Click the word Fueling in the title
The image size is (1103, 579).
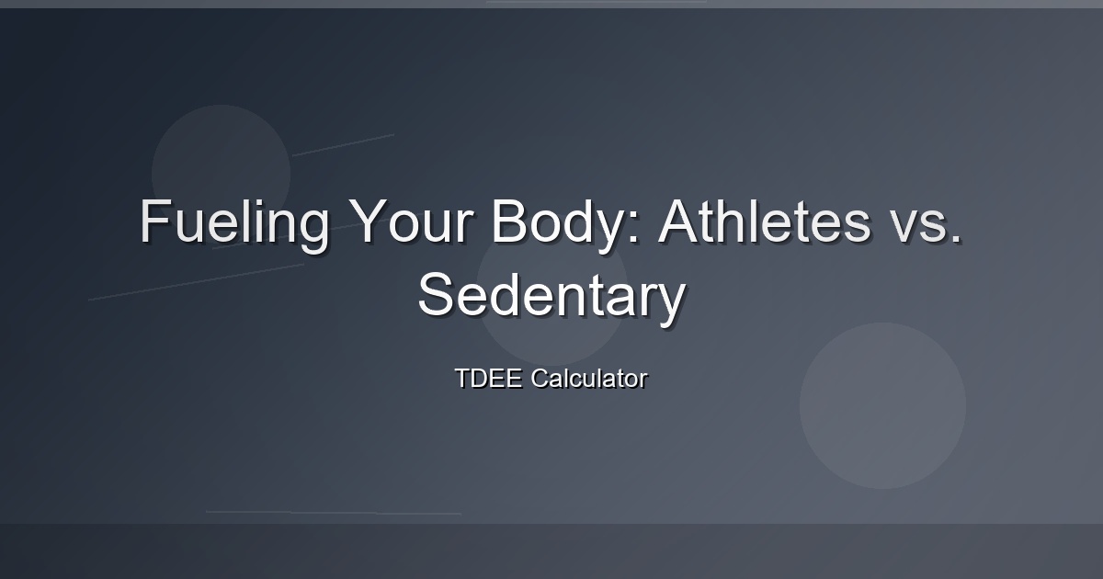click(x=234, y=225)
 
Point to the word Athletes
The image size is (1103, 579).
click(x=765, y=221)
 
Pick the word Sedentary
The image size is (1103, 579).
click(x=551, y=299)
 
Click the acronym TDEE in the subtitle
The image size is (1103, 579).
click(x=488, y=378)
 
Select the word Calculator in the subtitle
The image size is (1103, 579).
click(x=589, y=378)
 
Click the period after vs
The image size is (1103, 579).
click(x=956, y=238)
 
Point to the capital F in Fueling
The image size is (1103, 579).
click(x=154, y=221)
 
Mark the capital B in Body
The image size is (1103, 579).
click(x=509, y=221)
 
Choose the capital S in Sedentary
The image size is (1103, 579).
click(x=435, y=293)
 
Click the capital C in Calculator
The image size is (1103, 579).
click(x=540, y=378)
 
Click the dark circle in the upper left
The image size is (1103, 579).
click(x=222, y=174)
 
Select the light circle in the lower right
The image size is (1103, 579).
click(x=882, y=405)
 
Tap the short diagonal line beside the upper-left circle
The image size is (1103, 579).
click(x=343, y=145)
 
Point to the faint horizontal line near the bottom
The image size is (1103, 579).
click(x=334, y=513)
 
